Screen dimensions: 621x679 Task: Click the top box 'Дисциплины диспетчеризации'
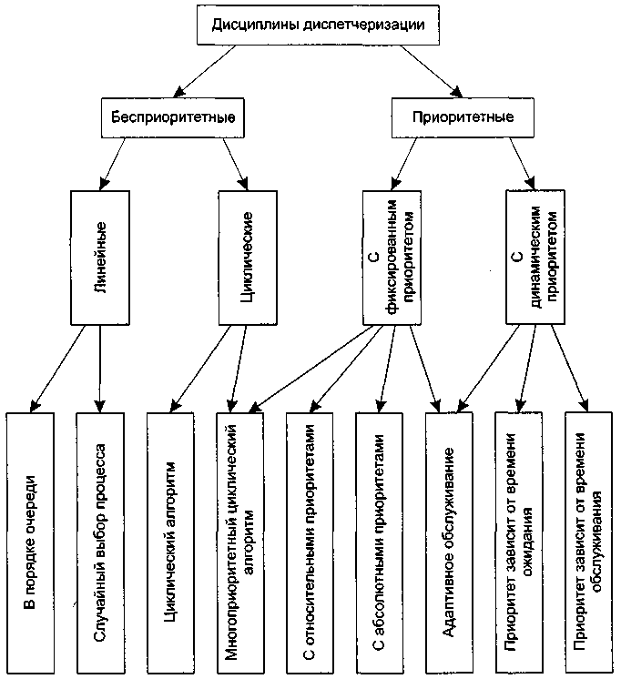(318, 25)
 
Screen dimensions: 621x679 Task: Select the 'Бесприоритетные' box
(173, 117)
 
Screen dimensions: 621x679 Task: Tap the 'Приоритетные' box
(463, 117)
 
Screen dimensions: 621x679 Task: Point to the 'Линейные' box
(100, 258)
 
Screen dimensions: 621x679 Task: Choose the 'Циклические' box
(248, 258)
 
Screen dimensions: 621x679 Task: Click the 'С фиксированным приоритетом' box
(392, 258)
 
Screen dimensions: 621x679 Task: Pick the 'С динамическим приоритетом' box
(535, 257)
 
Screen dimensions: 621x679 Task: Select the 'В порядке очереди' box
(30, 543)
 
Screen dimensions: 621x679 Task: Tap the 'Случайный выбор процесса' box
(100, 543)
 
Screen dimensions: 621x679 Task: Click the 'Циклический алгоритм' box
(170, 543)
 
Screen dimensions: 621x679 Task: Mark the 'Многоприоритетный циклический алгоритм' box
(240, 543)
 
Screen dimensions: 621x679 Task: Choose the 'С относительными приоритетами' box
(310, 543)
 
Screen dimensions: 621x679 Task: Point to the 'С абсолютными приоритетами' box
(379, 543)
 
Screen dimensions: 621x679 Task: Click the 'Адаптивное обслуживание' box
(449, 543)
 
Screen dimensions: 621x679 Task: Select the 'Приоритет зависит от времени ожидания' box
(519, 543)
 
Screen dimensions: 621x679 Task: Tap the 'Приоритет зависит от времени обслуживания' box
(589, 543)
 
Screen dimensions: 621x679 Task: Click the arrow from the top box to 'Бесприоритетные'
(205, 71)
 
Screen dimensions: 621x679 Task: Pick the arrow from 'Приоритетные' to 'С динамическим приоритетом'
(522, 164)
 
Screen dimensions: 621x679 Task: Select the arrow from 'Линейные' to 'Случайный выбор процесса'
(100, 369)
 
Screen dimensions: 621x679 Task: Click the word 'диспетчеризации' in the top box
(363, 25)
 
